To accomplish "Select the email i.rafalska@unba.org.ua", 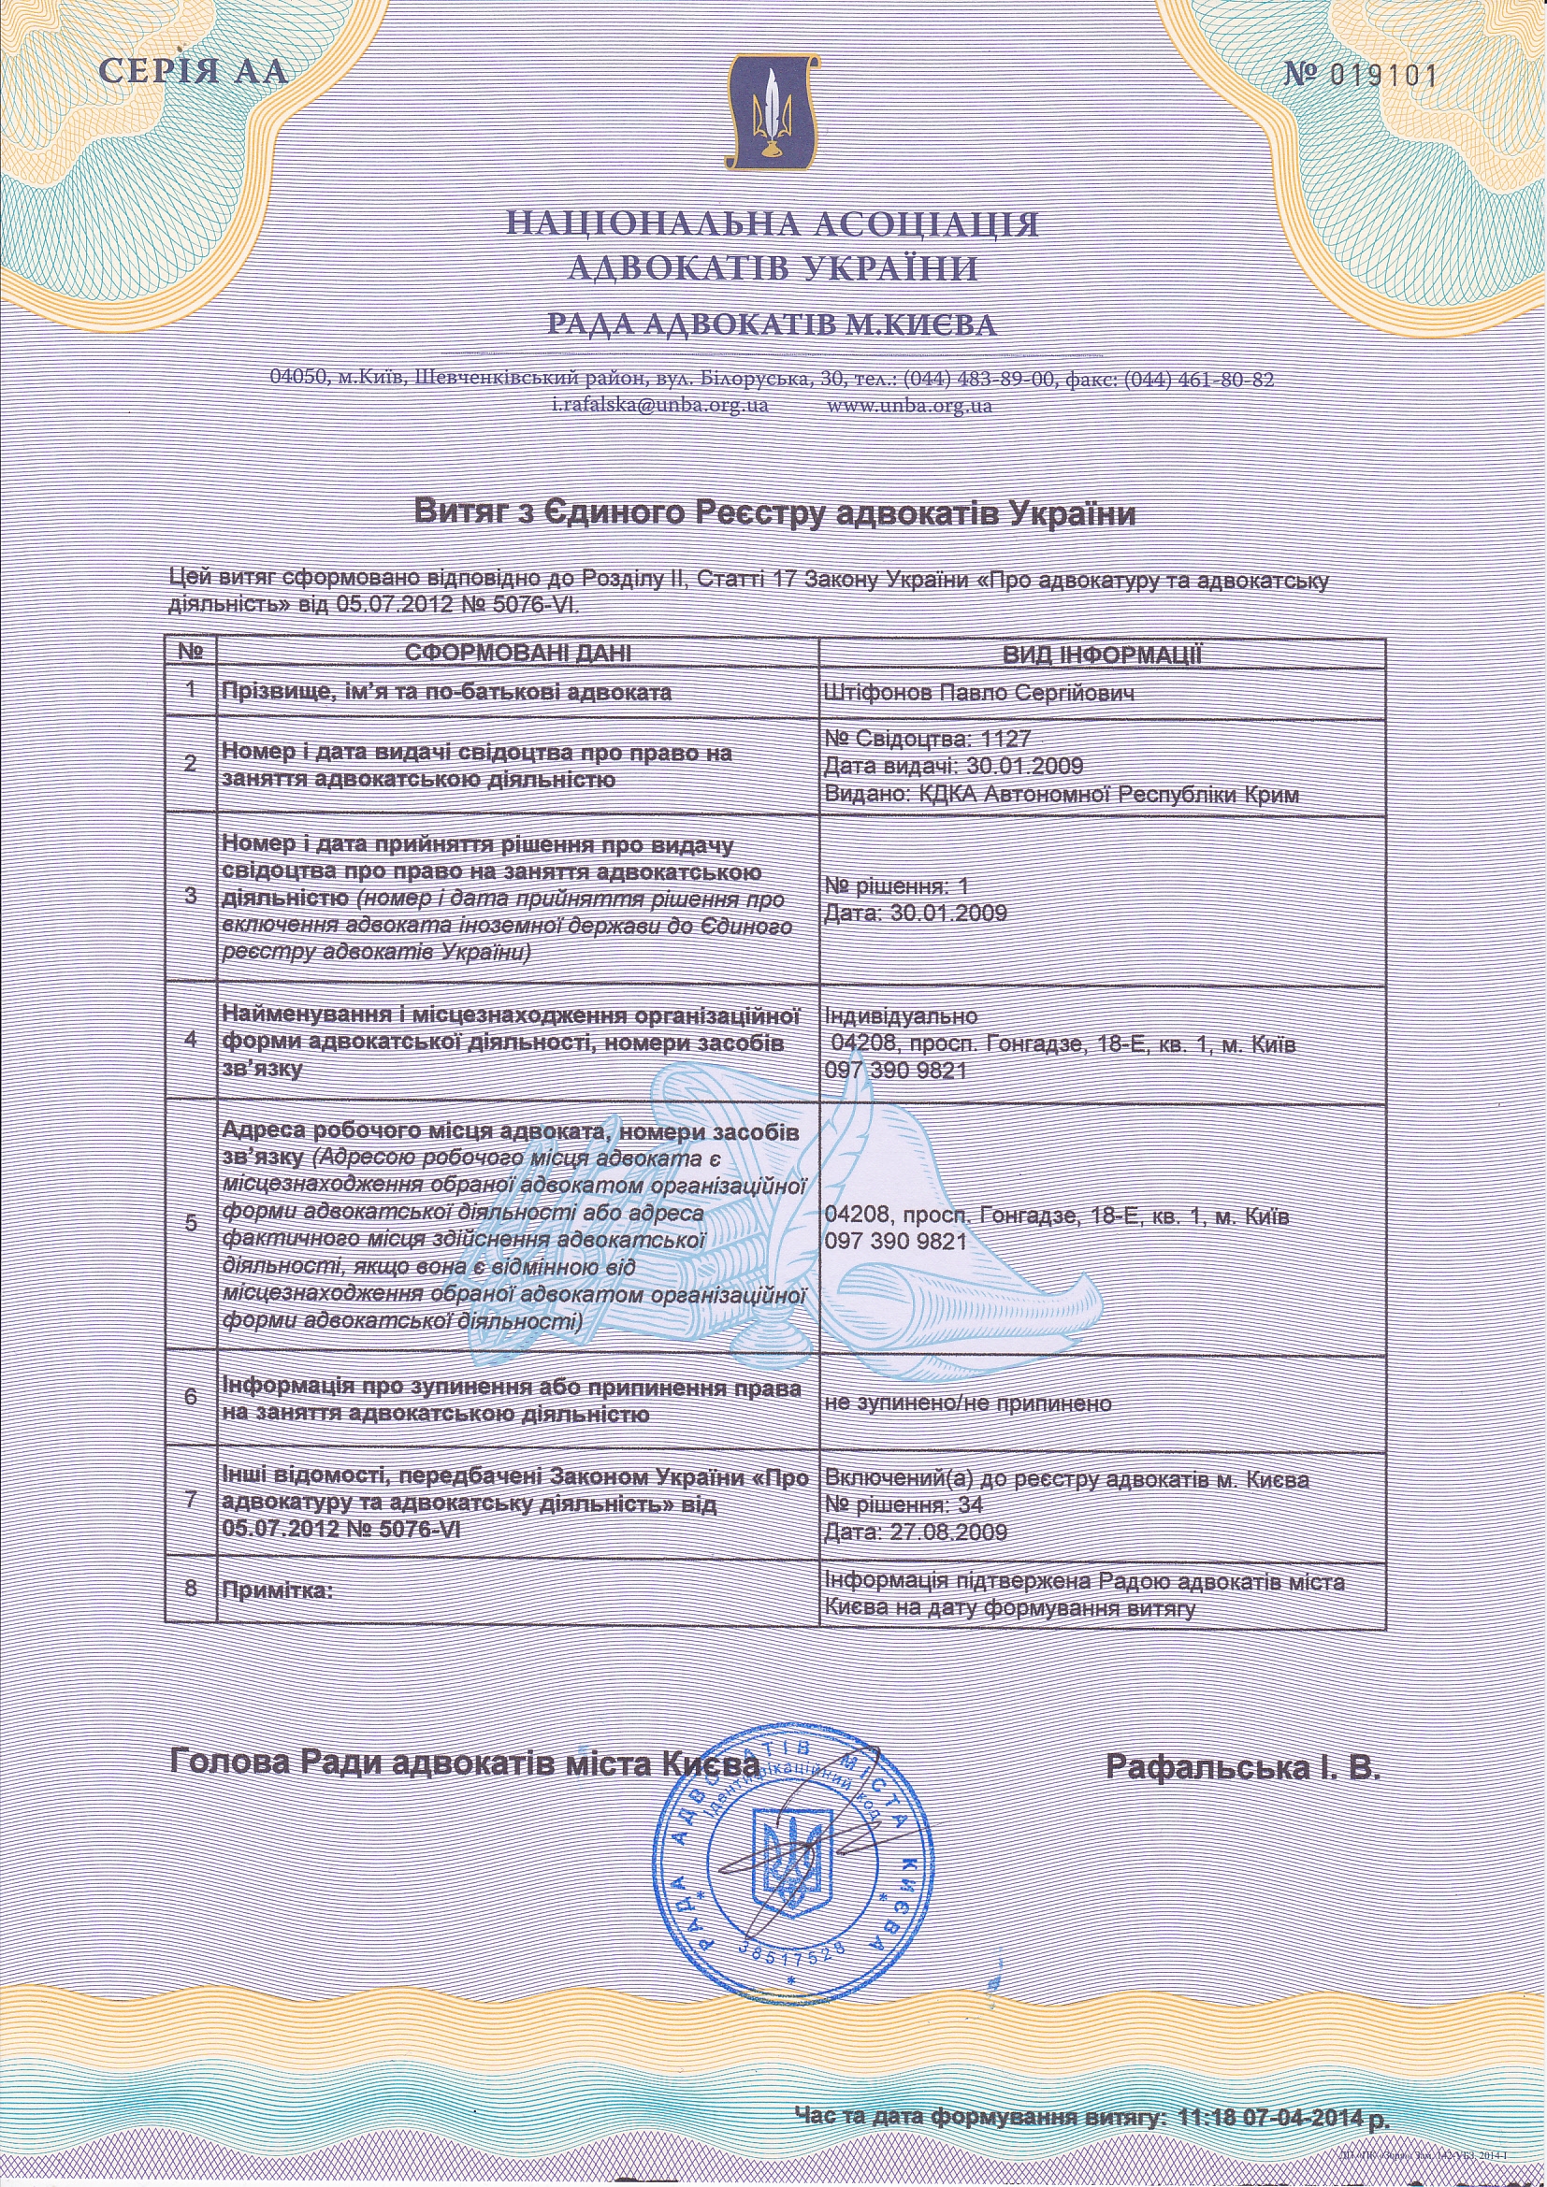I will tap(660, 405).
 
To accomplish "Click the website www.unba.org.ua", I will tap(910, 405).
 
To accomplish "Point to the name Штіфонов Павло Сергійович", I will tap(980, 693).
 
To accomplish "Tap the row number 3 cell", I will tap(191, 897).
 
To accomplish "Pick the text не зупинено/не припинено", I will tap(968, 1403).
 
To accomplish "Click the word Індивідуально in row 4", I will tap(901, 1015).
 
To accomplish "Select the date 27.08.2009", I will tap(947, 1532).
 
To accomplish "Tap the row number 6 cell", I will tap(191, 1397).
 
